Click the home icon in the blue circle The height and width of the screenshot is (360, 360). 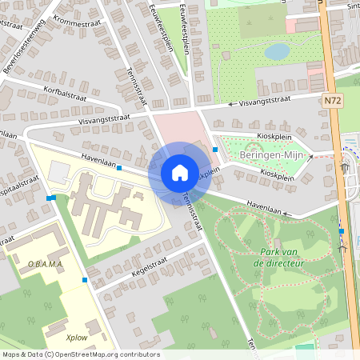179,172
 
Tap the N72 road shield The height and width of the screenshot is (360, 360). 334,101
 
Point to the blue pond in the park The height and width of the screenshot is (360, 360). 277,52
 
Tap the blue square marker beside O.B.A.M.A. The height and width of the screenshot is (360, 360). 85,280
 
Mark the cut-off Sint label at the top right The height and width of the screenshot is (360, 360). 353,6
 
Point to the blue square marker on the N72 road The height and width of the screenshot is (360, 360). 342,231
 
